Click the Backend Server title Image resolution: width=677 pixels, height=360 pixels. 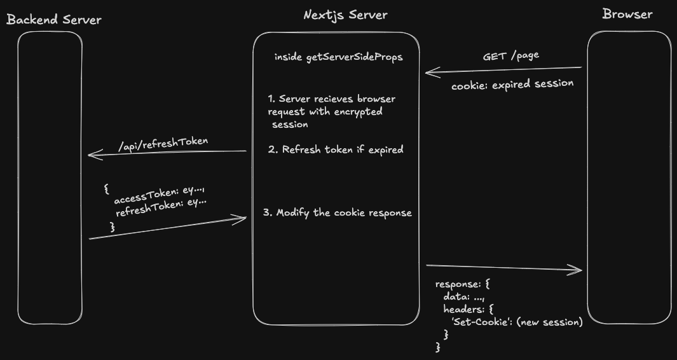click(54, 20)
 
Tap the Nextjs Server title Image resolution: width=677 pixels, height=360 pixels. click(345, 15)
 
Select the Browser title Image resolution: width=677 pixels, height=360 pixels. click(627, 14)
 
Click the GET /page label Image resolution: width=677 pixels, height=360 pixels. click(510, 55)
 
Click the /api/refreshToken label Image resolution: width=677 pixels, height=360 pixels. click(163, 142)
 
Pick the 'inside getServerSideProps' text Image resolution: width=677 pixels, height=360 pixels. click(338, 57)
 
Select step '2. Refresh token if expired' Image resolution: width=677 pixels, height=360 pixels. click(335, 150)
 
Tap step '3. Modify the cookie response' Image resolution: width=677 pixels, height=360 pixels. click(338, 212)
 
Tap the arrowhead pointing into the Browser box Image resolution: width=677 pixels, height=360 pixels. click(578, 270)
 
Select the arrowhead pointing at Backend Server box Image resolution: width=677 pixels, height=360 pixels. click(92, 154)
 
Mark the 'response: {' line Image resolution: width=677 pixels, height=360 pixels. click(462, 284)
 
